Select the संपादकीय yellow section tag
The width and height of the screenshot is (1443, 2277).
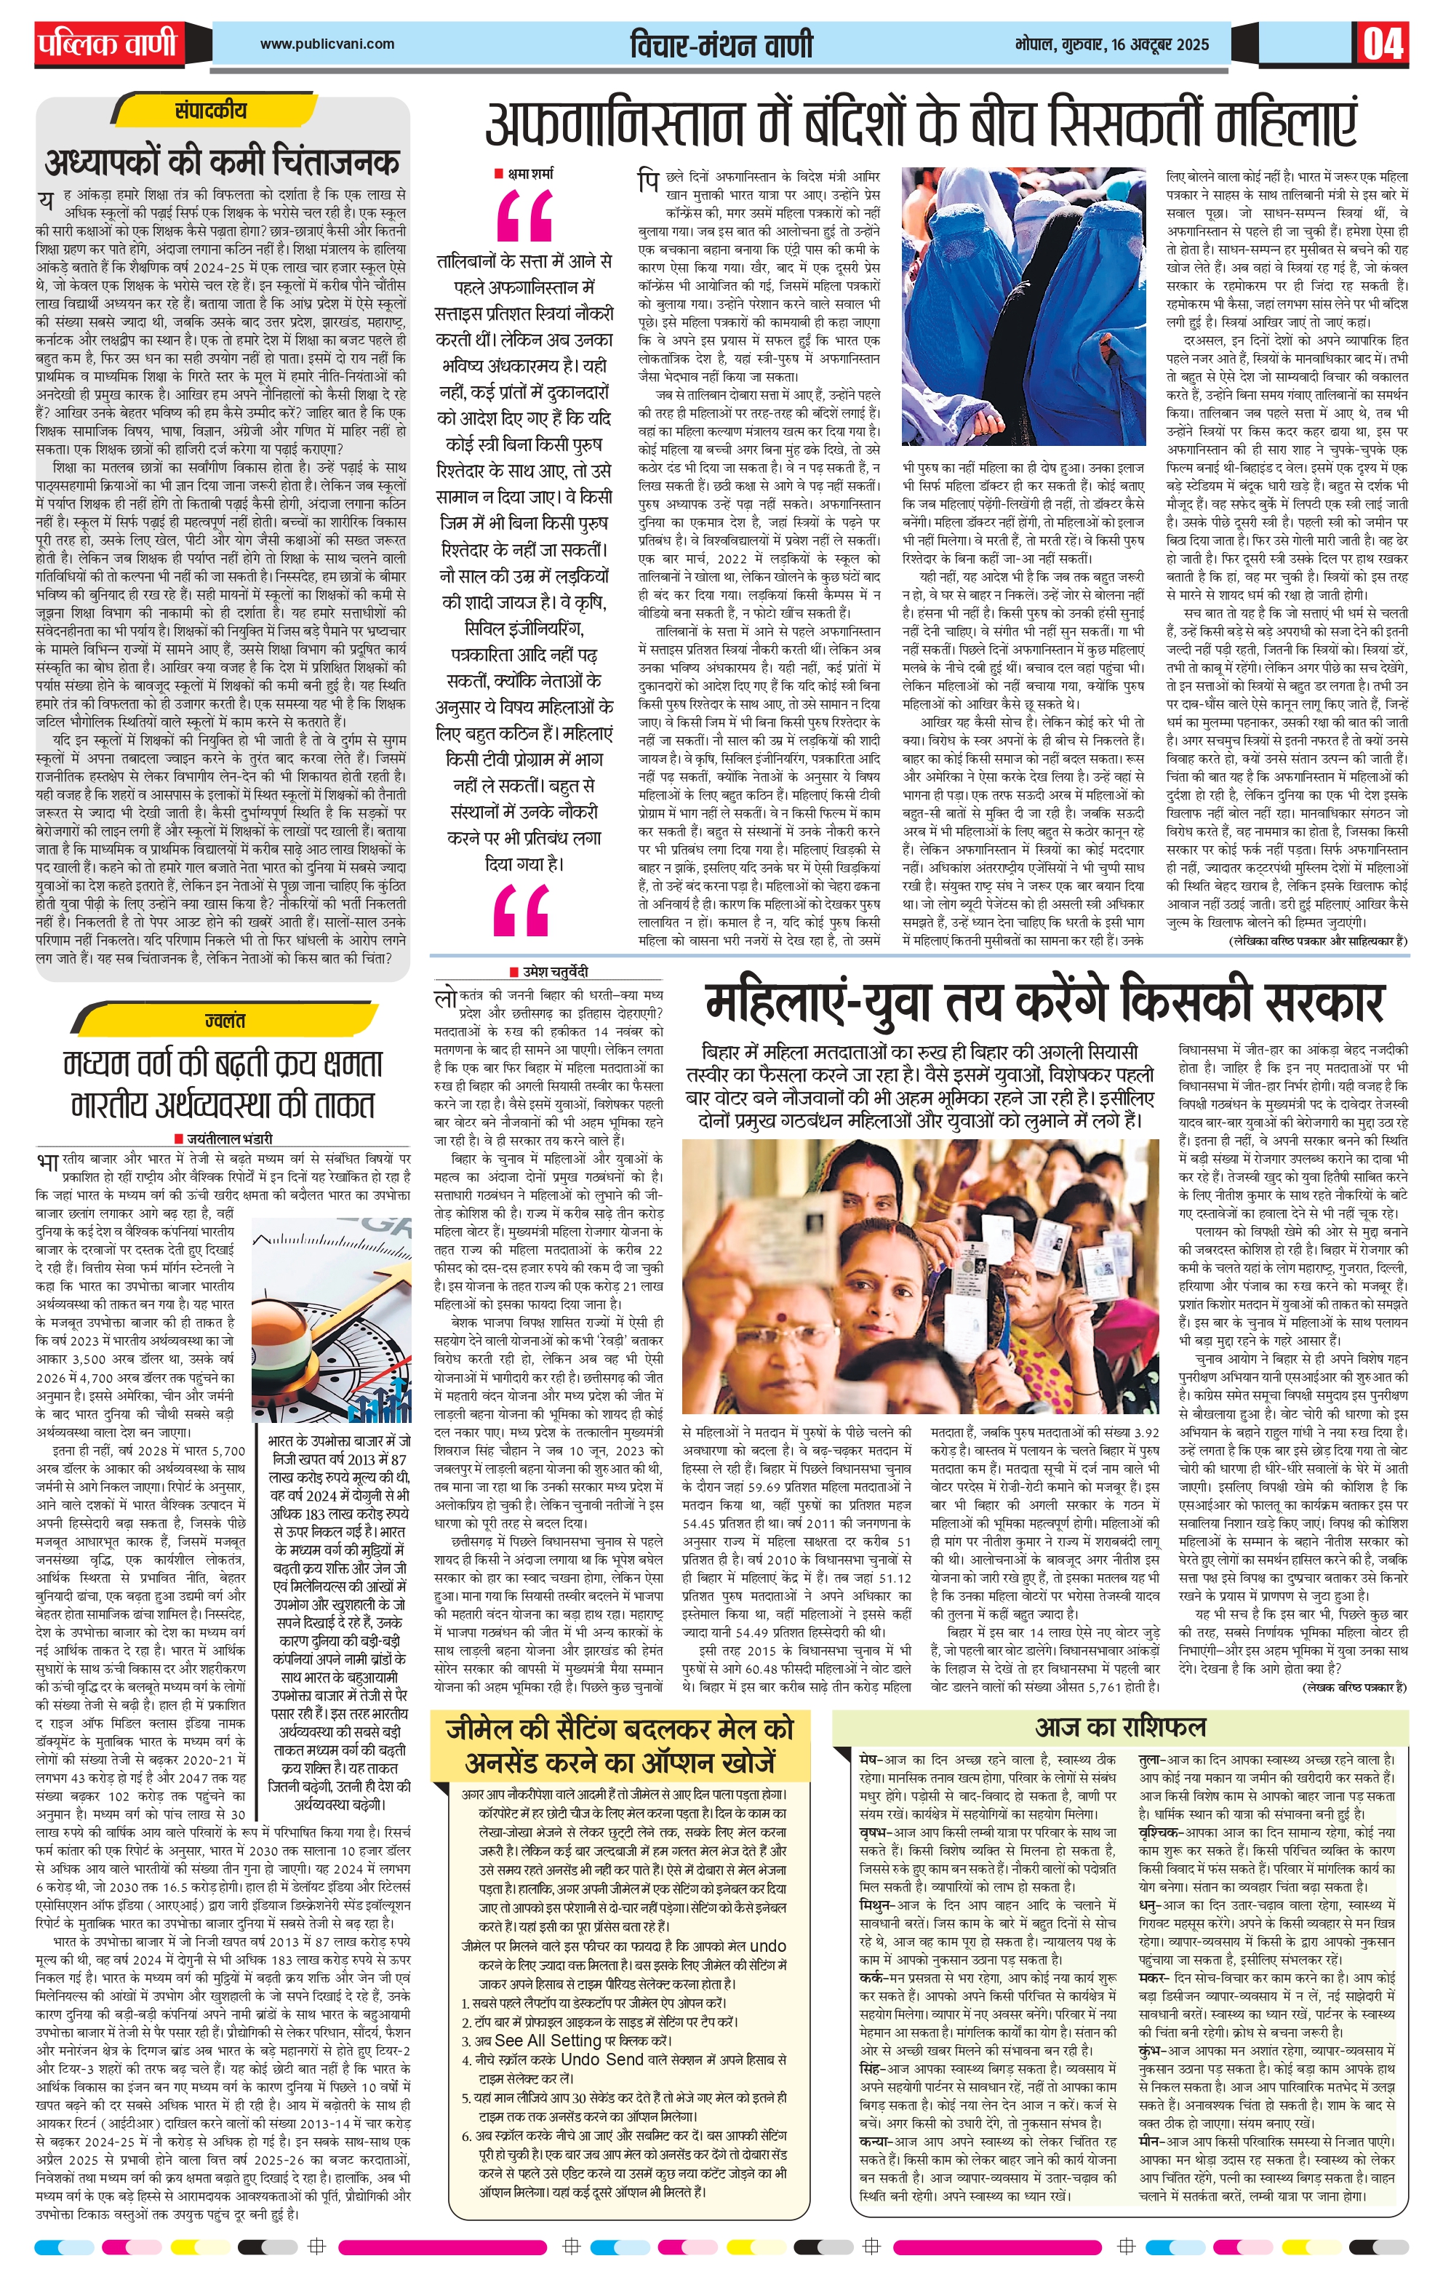pyautogui.click(x=211, y=111)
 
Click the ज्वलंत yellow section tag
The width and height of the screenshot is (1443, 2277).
pyautogui.click(x=224, y=1021)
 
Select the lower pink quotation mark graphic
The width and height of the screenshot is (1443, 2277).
pyautogui.click(x=521, y=911)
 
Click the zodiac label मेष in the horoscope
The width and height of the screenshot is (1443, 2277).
pyautogui.click(x=868, y=1760)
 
